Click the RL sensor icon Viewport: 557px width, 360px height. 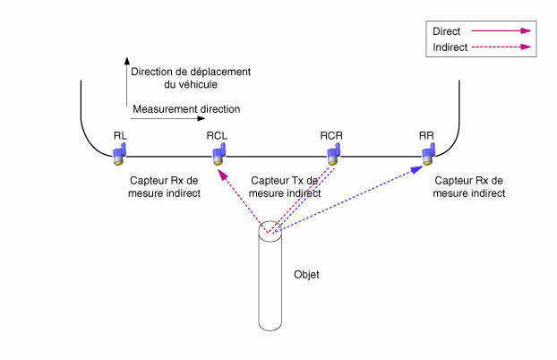pos(119,154)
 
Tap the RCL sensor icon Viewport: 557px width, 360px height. pos(219,154)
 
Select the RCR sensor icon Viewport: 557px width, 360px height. pos(333,154)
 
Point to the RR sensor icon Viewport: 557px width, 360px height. pos(429,154)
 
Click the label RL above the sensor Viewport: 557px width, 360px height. pos(120,136)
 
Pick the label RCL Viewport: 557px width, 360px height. pos(217,136)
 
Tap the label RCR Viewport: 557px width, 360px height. pos(331,136)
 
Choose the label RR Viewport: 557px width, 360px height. pos(426,136)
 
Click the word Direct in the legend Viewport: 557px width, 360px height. pos(447,31)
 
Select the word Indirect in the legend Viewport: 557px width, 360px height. pos(450,47)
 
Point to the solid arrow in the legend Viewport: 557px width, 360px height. pos(501,31)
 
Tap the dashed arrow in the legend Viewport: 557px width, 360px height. pos(501,47)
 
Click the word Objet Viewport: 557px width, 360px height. pos(306,275)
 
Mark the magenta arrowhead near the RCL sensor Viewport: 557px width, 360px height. pos(222,174)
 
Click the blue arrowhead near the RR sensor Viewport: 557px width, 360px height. pos(416,169)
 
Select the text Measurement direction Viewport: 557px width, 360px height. pos(186,109)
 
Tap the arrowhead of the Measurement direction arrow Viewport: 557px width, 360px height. pos(201,118)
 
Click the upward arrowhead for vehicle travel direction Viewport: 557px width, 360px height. pos(127,61)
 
